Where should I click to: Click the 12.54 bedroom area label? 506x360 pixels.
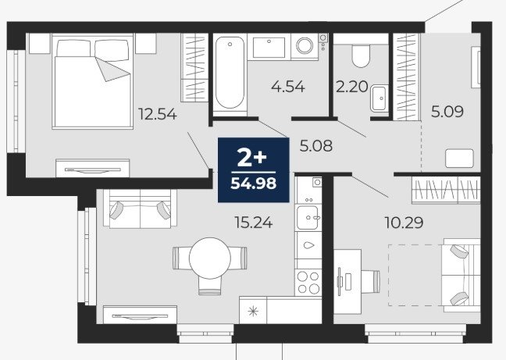pyautogui.click(x=158, y=114)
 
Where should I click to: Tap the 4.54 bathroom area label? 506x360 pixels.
pyautogui.click(x=288, y=87)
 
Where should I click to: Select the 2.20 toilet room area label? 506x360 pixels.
pyautogui.click(x=351, y=87)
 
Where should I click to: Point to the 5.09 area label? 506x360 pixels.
pyautogui.click(x=447, y=112)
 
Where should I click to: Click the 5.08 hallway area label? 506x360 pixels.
pyautogui.click(x=316, y=146)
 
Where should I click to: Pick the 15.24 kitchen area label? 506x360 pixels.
pyautogui.click(x=254, y=223)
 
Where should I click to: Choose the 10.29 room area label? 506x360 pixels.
pyautogui.click(x=404, y=223)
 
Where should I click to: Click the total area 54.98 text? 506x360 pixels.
pyautogui.click(x=254, y=184)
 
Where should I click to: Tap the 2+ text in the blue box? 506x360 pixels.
pyautogui.click(x=252, y=159)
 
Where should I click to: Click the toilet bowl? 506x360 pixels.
pyautogui.click(x=361, y=55)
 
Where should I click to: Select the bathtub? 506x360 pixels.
pyautogui.click(x=230, y=73)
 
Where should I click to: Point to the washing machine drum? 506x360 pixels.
pyautogui.click(x=305, y=45)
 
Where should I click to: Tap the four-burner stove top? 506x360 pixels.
pyautogui.click(x=308, y=282)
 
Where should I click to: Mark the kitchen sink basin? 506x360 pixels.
pyautogui.click(x=307, y=218)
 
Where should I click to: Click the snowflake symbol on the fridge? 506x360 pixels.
pyautogui.click(x=253, y=312)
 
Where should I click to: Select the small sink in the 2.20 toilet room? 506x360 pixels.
pyautogui.click(x=379, y=98)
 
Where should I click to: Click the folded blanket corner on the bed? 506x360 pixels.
pyautogui.click(x=113, y=70)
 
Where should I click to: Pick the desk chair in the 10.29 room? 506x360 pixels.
pyautogui.click(x=370, y=282)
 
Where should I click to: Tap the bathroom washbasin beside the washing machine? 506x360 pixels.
pyautogui.click(x=269, y=48)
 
